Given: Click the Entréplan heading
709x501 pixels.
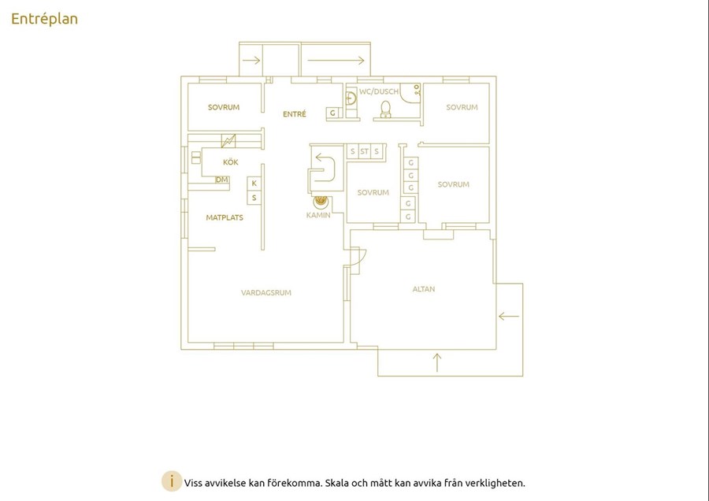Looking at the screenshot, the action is (44, 19).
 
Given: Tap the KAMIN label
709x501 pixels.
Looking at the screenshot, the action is (318, 215).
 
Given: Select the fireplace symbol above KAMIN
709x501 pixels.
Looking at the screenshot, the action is (321, 200).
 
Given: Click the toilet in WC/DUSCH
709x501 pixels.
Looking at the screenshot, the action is (385, 109).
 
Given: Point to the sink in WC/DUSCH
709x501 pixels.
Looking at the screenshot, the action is (351, 98).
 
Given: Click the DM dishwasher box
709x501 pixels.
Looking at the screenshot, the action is (221, 180).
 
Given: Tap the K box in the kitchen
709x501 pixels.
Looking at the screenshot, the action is (254, 183).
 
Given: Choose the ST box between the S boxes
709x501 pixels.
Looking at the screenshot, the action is (365, 151).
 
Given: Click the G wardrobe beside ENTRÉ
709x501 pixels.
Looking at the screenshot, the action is (332, 113).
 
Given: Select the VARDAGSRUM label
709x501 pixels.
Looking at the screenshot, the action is (266, 292).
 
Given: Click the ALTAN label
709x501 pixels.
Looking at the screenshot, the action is (424, 289).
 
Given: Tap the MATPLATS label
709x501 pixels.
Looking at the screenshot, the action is (225, 217).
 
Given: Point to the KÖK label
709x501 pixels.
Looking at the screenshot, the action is (231, 161).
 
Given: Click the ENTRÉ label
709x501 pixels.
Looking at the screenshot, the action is (295, 114).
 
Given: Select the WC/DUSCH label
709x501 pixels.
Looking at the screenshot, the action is (379, 91).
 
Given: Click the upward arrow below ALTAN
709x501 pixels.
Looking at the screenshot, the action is (436, 362).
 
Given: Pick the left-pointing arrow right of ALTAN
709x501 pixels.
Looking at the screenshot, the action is (509, 316).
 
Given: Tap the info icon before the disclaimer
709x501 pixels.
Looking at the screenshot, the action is (172, 481).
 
